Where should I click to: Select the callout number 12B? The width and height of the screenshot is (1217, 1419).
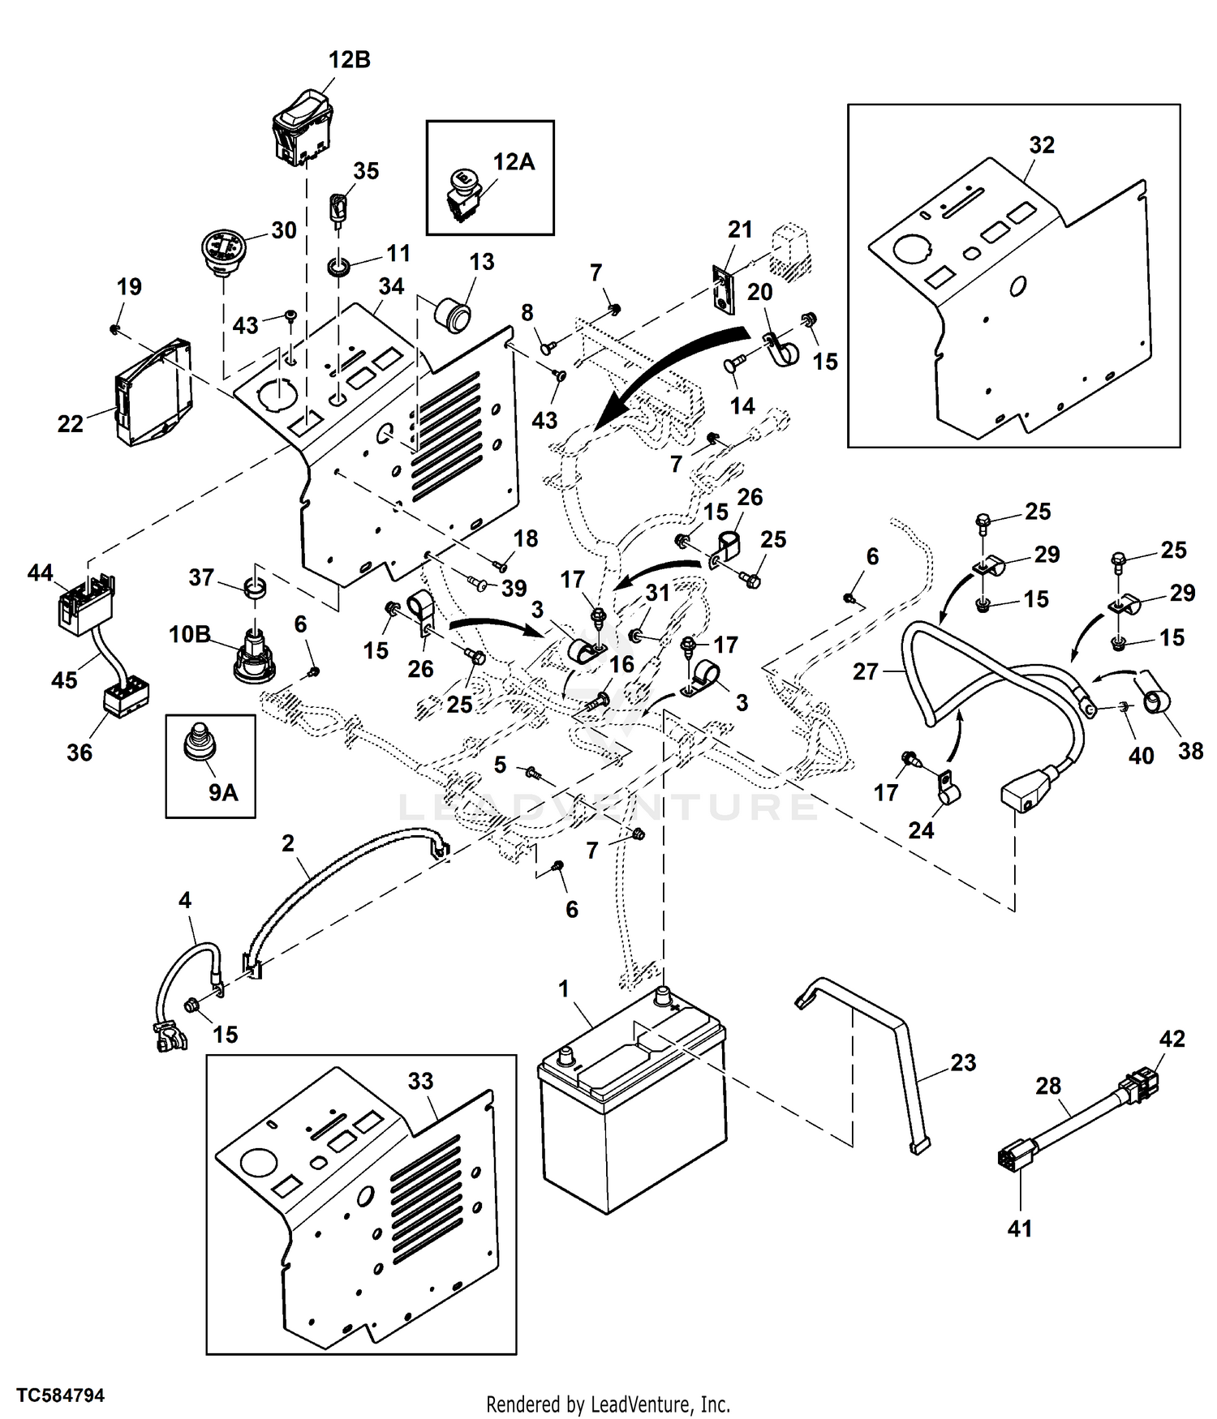click(350, 61)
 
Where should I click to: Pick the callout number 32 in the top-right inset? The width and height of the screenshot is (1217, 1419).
click(1042, 145)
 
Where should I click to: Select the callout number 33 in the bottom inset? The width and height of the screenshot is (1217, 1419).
click(421, 1081)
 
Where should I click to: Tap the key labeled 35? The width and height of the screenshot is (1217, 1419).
click(339, 208)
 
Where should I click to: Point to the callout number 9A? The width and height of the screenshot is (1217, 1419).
click(223, 792)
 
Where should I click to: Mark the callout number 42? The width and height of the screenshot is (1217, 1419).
click(1172, 1039)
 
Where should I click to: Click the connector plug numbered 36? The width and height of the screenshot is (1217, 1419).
click(126, 699)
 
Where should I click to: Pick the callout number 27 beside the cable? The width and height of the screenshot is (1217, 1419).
click(866, 671)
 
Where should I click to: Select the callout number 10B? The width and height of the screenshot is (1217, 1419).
click(189, 634)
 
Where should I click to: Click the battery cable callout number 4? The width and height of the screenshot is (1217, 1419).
click(185, 900)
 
